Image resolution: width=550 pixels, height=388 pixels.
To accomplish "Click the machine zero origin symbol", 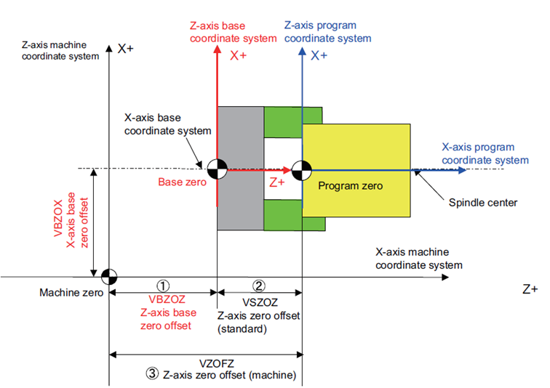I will pyautogui.click(x=108, y=276).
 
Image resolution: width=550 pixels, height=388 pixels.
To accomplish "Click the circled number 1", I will pyautogui.click(x=164, y=286).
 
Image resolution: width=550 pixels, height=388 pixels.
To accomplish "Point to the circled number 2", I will pyautogui.click(x=259, y=286).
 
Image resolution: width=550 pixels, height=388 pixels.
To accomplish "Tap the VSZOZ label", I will pyautogui.click(x=259, y=300).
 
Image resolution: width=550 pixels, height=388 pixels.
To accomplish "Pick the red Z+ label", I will pyautogui.click(x=276, y=183).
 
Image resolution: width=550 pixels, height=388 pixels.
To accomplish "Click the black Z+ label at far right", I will pyautogui.click(x=531, y=288).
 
